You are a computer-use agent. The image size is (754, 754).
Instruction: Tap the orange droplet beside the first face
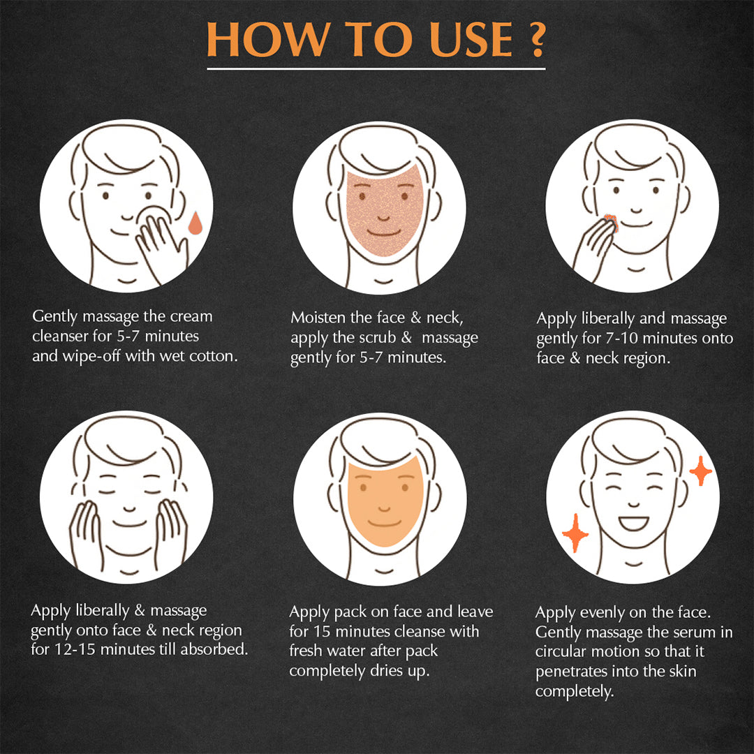coord(195,223)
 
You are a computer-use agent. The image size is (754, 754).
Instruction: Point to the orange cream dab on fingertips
coord(609,221)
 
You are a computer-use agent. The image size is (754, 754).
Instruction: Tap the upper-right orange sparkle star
coord(700,472)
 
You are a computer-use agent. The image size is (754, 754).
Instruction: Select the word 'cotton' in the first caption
coord(213,355)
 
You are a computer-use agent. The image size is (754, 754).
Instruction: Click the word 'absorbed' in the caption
coord(217,650)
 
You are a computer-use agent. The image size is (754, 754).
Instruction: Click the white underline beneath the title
coord(376,68)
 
